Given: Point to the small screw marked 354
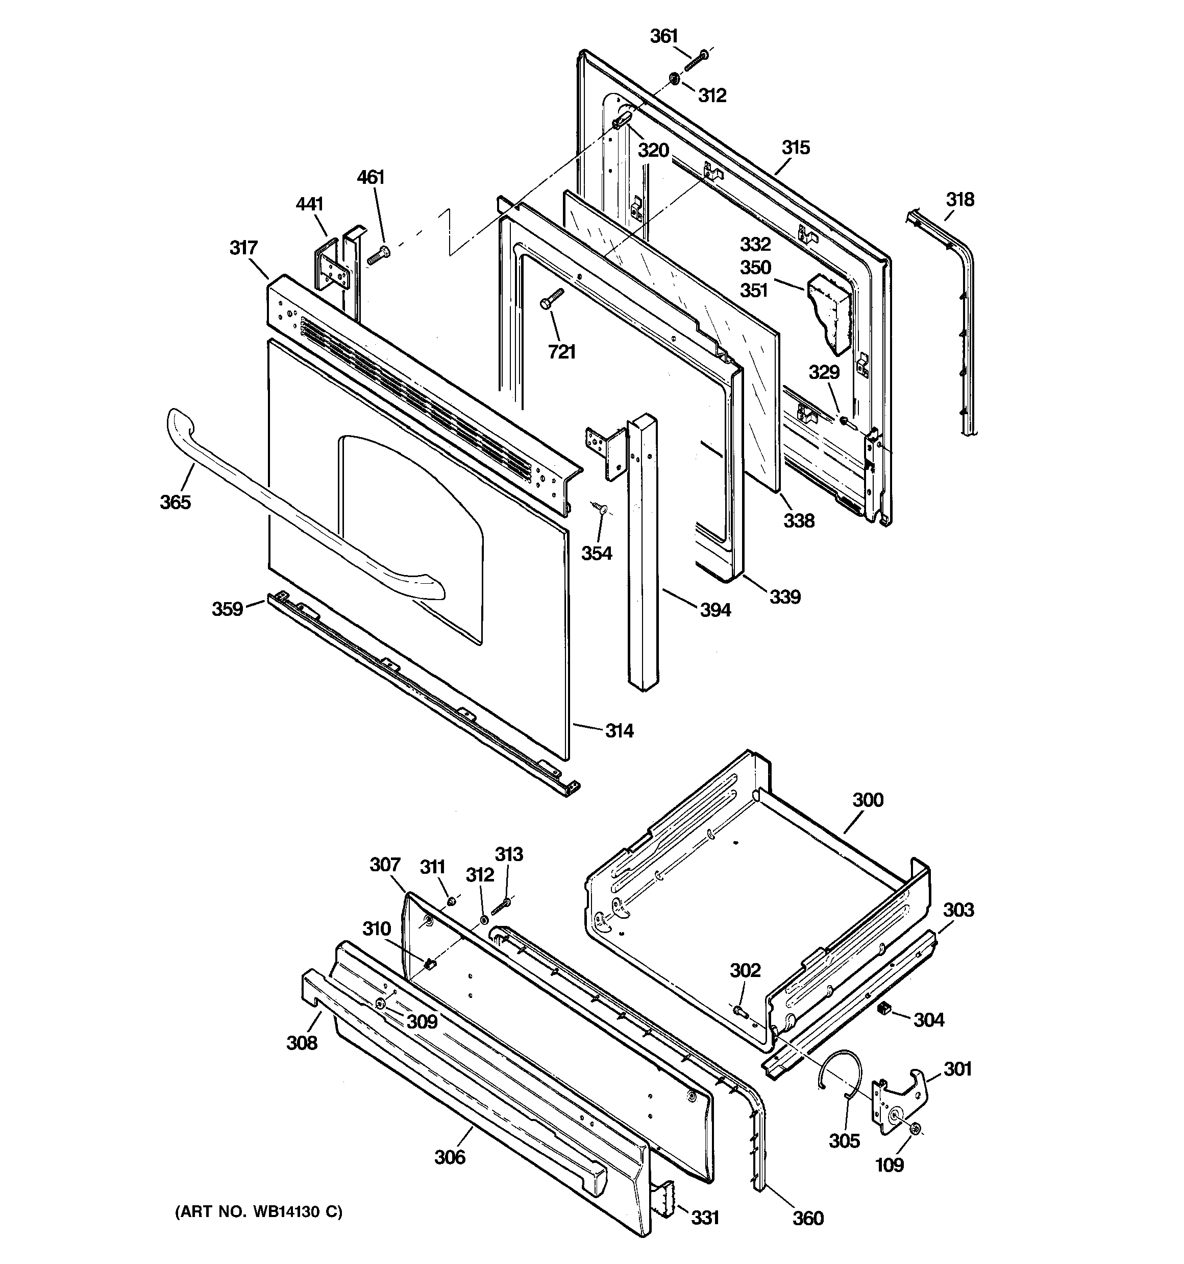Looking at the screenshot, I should [x=601, y=507].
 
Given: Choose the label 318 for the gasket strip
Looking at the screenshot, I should [x=959, y=200].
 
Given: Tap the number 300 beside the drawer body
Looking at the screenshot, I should [x=868, y=800].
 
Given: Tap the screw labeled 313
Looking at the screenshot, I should [x=501, y=905].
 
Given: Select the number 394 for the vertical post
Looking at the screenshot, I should [x=715, y=610].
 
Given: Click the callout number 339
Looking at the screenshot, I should [x=785, y=597].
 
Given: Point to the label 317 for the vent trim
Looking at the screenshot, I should [x=243, y=248].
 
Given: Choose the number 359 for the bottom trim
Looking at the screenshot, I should [x=227, y=609].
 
